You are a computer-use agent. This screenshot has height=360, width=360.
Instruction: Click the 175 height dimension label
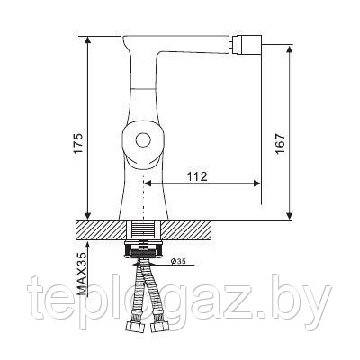(78, 143)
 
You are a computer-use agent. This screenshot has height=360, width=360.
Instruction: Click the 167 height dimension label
(280, 144)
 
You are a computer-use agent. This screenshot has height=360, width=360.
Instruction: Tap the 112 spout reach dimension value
(197, 176)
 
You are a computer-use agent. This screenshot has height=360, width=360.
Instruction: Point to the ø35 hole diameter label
(178, 261)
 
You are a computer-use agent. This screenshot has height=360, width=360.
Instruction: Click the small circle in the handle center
(143, 139)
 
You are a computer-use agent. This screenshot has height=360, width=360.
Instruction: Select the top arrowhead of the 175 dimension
(87, 40)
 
